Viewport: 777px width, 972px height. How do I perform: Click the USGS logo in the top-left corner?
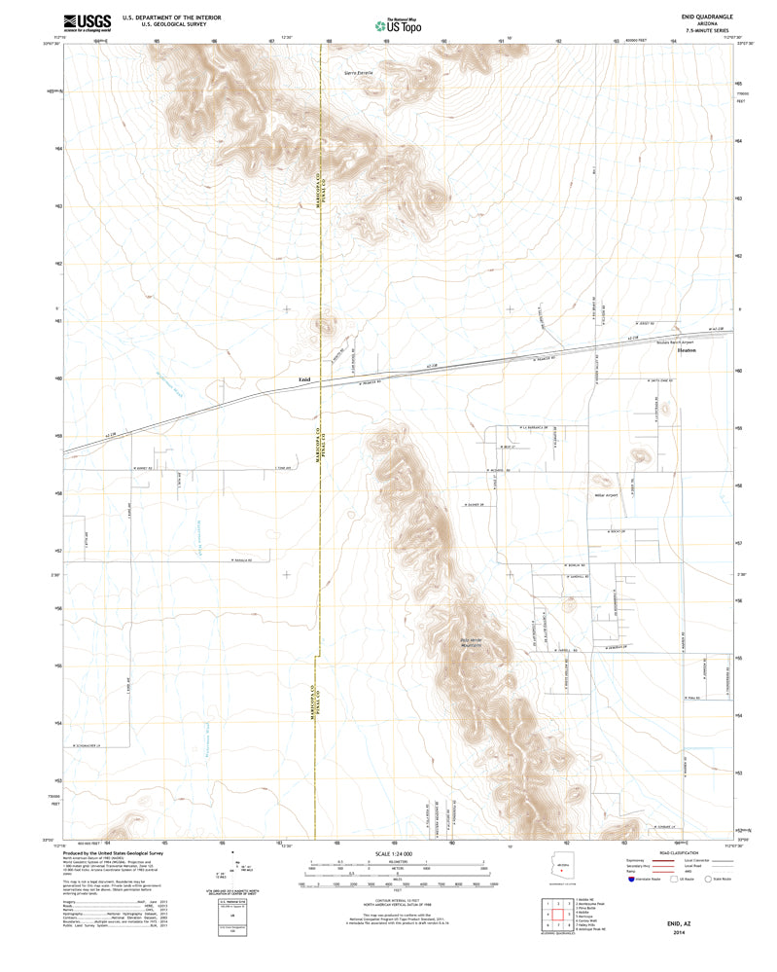click(x=88, y=23)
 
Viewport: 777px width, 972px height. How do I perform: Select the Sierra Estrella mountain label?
click(x=359, y=73)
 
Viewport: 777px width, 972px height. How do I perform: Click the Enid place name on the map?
click(x=303, y=379)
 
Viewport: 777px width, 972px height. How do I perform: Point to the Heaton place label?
click(x=687, y=350)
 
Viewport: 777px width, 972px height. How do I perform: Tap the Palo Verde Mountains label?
click(x=471, y=642)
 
